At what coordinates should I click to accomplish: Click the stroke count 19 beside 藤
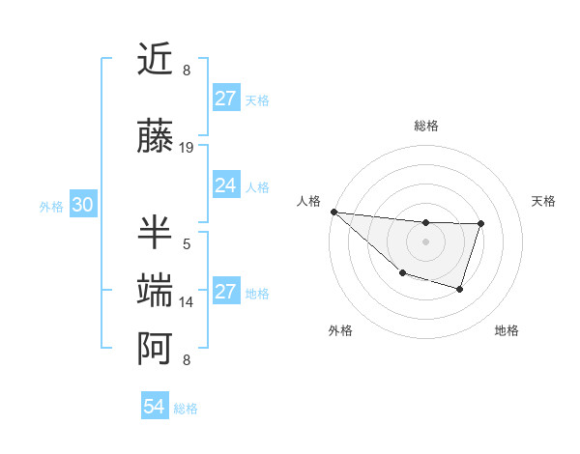188,148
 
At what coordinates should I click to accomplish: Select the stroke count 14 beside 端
188,302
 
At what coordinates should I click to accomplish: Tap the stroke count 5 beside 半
187,244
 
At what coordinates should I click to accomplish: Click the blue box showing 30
82,205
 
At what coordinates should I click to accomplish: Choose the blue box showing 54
155,407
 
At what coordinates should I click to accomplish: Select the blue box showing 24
226,185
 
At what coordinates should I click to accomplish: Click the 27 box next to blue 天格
226,99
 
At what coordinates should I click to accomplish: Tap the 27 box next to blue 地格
226,292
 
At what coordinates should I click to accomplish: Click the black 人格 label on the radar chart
310,201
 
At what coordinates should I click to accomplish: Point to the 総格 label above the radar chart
425,126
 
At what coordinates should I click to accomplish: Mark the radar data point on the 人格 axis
333,212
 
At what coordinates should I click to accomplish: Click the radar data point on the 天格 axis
480,223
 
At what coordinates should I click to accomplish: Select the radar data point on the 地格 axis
460,289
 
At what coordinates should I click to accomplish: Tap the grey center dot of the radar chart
425,241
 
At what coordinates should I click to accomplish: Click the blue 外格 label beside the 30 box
51,206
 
